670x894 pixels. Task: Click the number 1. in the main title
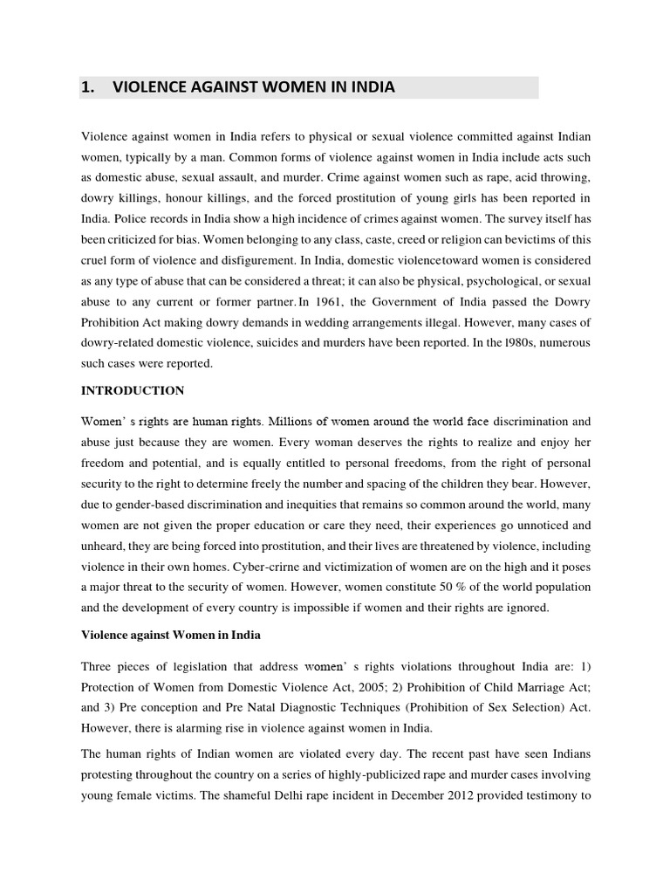coord(88,87)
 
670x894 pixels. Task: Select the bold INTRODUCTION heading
coord(132,390)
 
